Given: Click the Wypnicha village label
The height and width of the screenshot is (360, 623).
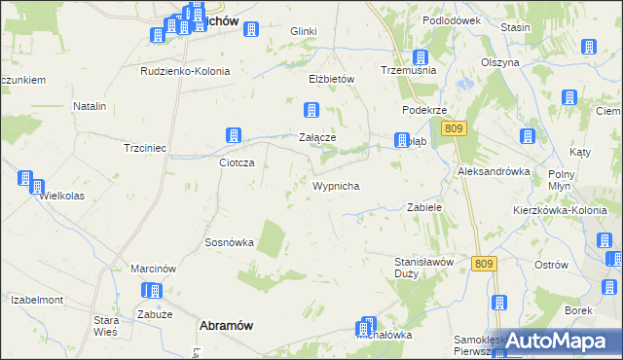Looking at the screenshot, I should point(338,185).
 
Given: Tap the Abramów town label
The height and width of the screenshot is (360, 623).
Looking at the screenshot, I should point(227,327).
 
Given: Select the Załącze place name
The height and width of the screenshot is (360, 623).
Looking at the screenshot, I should point(316,138).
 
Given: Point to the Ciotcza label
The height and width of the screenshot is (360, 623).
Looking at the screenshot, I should point(237,162).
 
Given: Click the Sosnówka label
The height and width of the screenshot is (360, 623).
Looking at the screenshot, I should point(229,242).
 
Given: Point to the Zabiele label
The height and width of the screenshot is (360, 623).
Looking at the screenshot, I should point(424,207).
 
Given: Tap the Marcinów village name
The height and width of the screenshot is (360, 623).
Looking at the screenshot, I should point(152,268).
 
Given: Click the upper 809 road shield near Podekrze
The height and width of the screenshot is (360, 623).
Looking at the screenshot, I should point(454,128).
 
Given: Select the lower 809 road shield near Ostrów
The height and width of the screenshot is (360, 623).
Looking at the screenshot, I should point(484,263).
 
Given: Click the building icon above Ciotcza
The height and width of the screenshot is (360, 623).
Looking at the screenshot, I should point(234,136).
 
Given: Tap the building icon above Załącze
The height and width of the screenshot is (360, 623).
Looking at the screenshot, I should point(311,111).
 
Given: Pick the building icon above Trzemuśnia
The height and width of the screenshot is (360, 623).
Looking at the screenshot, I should point(421,58).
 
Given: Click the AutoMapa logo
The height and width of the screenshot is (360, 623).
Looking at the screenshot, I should point(558,341).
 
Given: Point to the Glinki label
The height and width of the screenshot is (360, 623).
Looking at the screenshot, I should point(304,31).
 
